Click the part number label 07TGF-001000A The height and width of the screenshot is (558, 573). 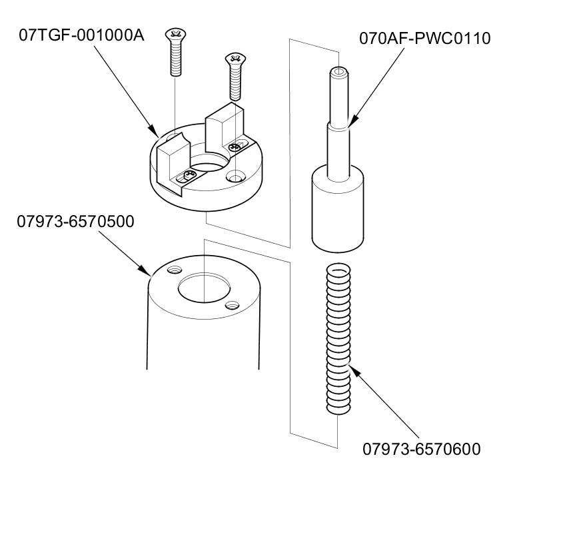(x=81, y=35)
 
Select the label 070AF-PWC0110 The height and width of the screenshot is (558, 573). (x=424, y=38)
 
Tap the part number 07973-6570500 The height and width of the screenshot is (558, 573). (x=75, y=221)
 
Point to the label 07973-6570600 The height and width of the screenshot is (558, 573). (x=421, y=449)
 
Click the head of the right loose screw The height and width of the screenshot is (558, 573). (x=234, y=60)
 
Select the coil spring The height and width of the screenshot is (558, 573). (x=338, y=340)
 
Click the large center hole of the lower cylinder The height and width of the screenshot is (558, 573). (x=203, y=288)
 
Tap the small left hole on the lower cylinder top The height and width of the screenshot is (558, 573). (x=175, y=270)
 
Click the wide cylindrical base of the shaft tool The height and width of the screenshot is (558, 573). (x=339, y=210)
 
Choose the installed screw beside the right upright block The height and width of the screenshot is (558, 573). (x=234, y=146)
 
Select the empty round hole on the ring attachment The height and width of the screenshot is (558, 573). (x=234, y=177)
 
